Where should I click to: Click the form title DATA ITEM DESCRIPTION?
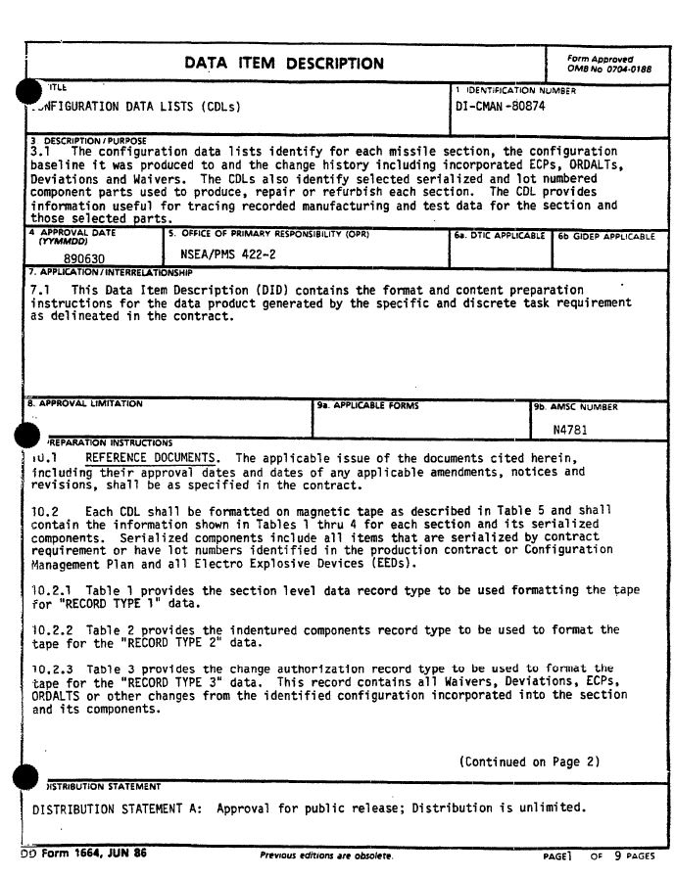point(284,64)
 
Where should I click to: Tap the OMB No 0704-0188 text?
point(608,70)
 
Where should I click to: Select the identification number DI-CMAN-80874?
point(501,106)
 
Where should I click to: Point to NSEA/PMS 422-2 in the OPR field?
point(228,254)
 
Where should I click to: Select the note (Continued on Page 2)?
point(529,762)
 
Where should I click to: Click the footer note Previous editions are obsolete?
point(326,855)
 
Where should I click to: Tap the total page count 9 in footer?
point(617,855)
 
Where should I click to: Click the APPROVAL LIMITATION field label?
point(86,403)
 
